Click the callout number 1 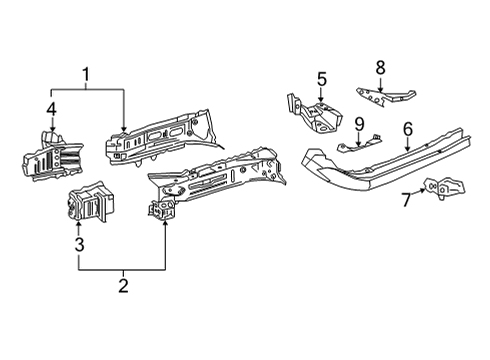pyautogui.click(x=87, y=74)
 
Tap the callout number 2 pyautogui.click(x=122, y=287)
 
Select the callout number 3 pyautogui.click(x=78, y=243)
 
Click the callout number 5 pyautogui.click(x=322, y=78)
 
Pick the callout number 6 pyautogui.click(x=408, y=128)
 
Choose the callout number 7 pyautogui.click(x=405, y=198)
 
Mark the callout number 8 pyautogui.click(x=381, y=68)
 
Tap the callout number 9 pyautogui.click(x=358, y=124)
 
